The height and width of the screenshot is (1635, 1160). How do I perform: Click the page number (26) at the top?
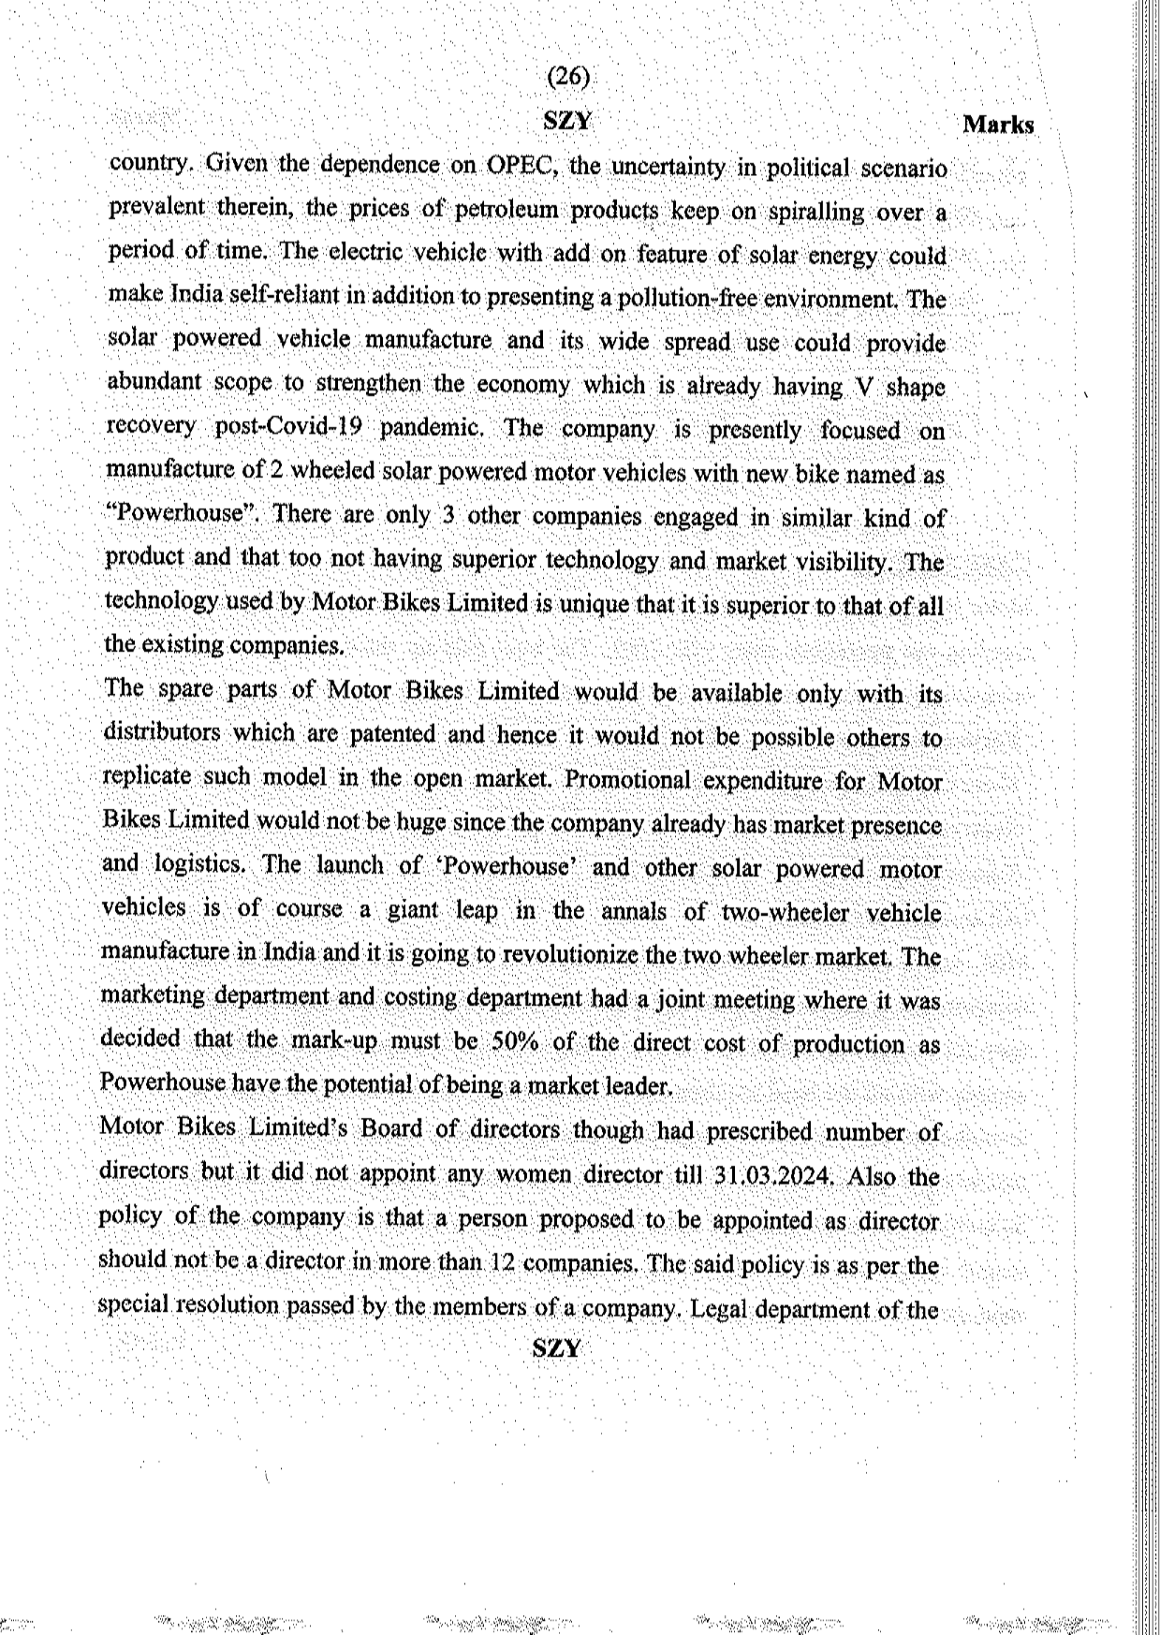(567, 77)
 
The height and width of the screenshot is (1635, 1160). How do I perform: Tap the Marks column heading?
(998, 125)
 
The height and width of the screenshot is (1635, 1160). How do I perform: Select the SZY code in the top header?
(566, 121)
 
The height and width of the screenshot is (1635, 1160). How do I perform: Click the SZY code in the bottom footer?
(556, 1348)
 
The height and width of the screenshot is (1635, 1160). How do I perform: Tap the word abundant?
(154, 382)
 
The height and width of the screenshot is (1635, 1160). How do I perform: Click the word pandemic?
(432, 428)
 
